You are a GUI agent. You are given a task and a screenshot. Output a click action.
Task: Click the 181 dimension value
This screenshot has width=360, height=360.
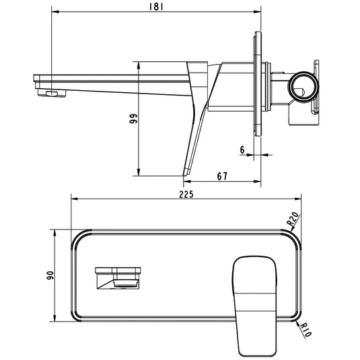pyautogui.click(x=155, y=6)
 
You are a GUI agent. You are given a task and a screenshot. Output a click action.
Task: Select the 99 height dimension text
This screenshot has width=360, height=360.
pyautogui.click(x=134, y=118)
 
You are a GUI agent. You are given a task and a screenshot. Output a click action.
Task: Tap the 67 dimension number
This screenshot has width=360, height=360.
pyautogui.click(x=222, y=176)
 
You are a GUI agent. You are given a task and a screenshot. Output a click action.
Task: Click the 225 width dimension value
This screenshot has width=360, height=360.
pyautogui.click(x=186, y=194)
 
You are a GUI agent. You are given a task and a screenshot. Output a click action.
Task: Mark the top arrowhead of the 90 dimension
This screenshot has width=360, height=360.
pyautogui.click(x=52, y=231)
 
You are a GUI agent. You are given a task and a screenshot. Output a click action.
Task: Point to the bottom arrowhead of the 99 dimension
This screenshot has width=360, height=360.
pyautogui.click(x=139, y=172)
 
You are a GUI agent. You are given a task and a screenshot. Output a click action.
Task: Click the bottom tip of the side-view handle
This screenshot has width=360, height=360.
pyautogui.click(x=185, y=174)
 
